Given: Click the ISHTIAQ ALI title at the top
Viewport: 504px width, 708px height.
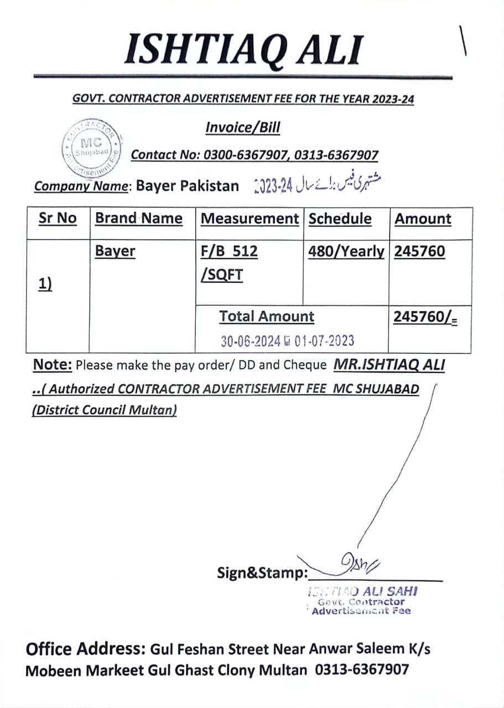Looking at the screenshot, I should [x=243, y=49].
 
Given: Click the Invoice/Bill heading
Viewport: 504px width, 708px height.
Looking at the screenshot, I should [x=242, y=128].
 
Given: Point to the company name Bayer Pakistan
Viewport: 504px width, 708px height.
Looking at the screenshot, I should [x=188, y=186].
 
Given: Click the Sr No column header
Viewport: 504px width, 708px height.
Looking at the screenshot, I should [x=58, y=218].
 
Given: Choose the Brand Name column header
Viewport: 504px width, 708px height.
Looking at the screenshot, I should [x=139, y=218].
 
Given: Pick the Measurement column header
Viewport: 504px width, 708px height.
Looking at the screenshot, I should [x=250, y=218].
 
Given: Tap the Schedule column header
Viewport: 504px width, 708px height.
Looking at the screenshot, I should [x=340, y=218].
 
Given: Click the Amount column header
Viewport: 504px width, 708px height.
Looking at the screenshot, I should [x=423, y=218].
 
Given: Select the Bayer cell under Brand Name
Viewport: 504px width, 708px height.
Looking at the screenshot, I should [x=115, y=251].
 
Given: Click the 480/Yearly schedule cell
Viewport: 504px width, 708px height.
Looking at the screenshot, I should [x=346, y=251].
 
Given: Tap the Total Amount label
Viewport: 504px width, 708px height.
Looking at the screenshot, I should [x=266, y=316].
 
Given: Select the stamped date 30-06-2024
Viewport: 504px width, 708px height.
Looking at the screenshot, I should [x=251, y=341].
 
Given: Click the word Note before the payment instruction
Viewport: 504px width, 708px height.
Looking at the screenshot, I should [x=53, y=365].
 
